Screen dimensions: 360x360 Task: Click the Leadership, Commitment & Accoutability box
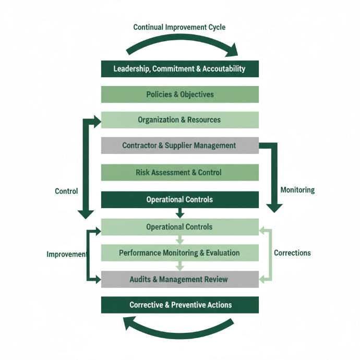tap(179, 69)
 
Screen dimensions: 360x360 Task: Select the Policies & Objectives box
tap(179, 94)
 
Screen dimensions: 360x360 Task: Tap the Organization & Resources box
tap(179, 120)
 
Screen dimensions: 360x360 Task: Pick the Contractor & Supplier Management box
tap(179, 146)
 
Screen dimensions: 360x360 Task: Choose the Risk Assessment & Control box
tap(179, 173)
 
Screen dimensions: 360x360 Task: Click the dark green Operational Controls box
tap(179, 200)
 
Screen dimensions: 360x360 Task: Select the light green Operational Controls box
tap(179, 227)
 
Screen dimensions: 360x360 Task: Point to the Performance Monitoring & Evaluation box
tap(179, 253)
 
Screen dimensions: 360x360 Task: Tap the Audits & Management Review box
tap(179, 280)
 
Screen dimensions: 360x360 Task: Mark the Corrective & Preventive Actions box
tap(179, 305)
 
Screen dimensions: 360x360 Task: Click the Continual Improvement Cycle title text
tap(179, 27)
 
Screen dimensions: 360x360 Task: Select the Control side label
tap(66, 191)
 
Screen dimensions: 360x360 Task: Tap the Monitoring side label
tap(297, 190)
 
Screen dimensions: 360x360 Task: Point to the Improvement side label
tap(67, 255)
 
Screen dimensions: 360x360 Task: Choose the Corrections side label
tap(292, 253)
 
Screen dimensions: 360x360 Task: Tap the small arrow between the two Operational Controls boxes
tap(179, 213)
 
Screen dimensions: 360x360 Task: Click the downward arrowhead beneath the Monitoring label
tap(274, 207)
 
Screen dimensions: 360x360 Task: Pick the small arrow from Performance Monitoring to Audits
tap(179, 266)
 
